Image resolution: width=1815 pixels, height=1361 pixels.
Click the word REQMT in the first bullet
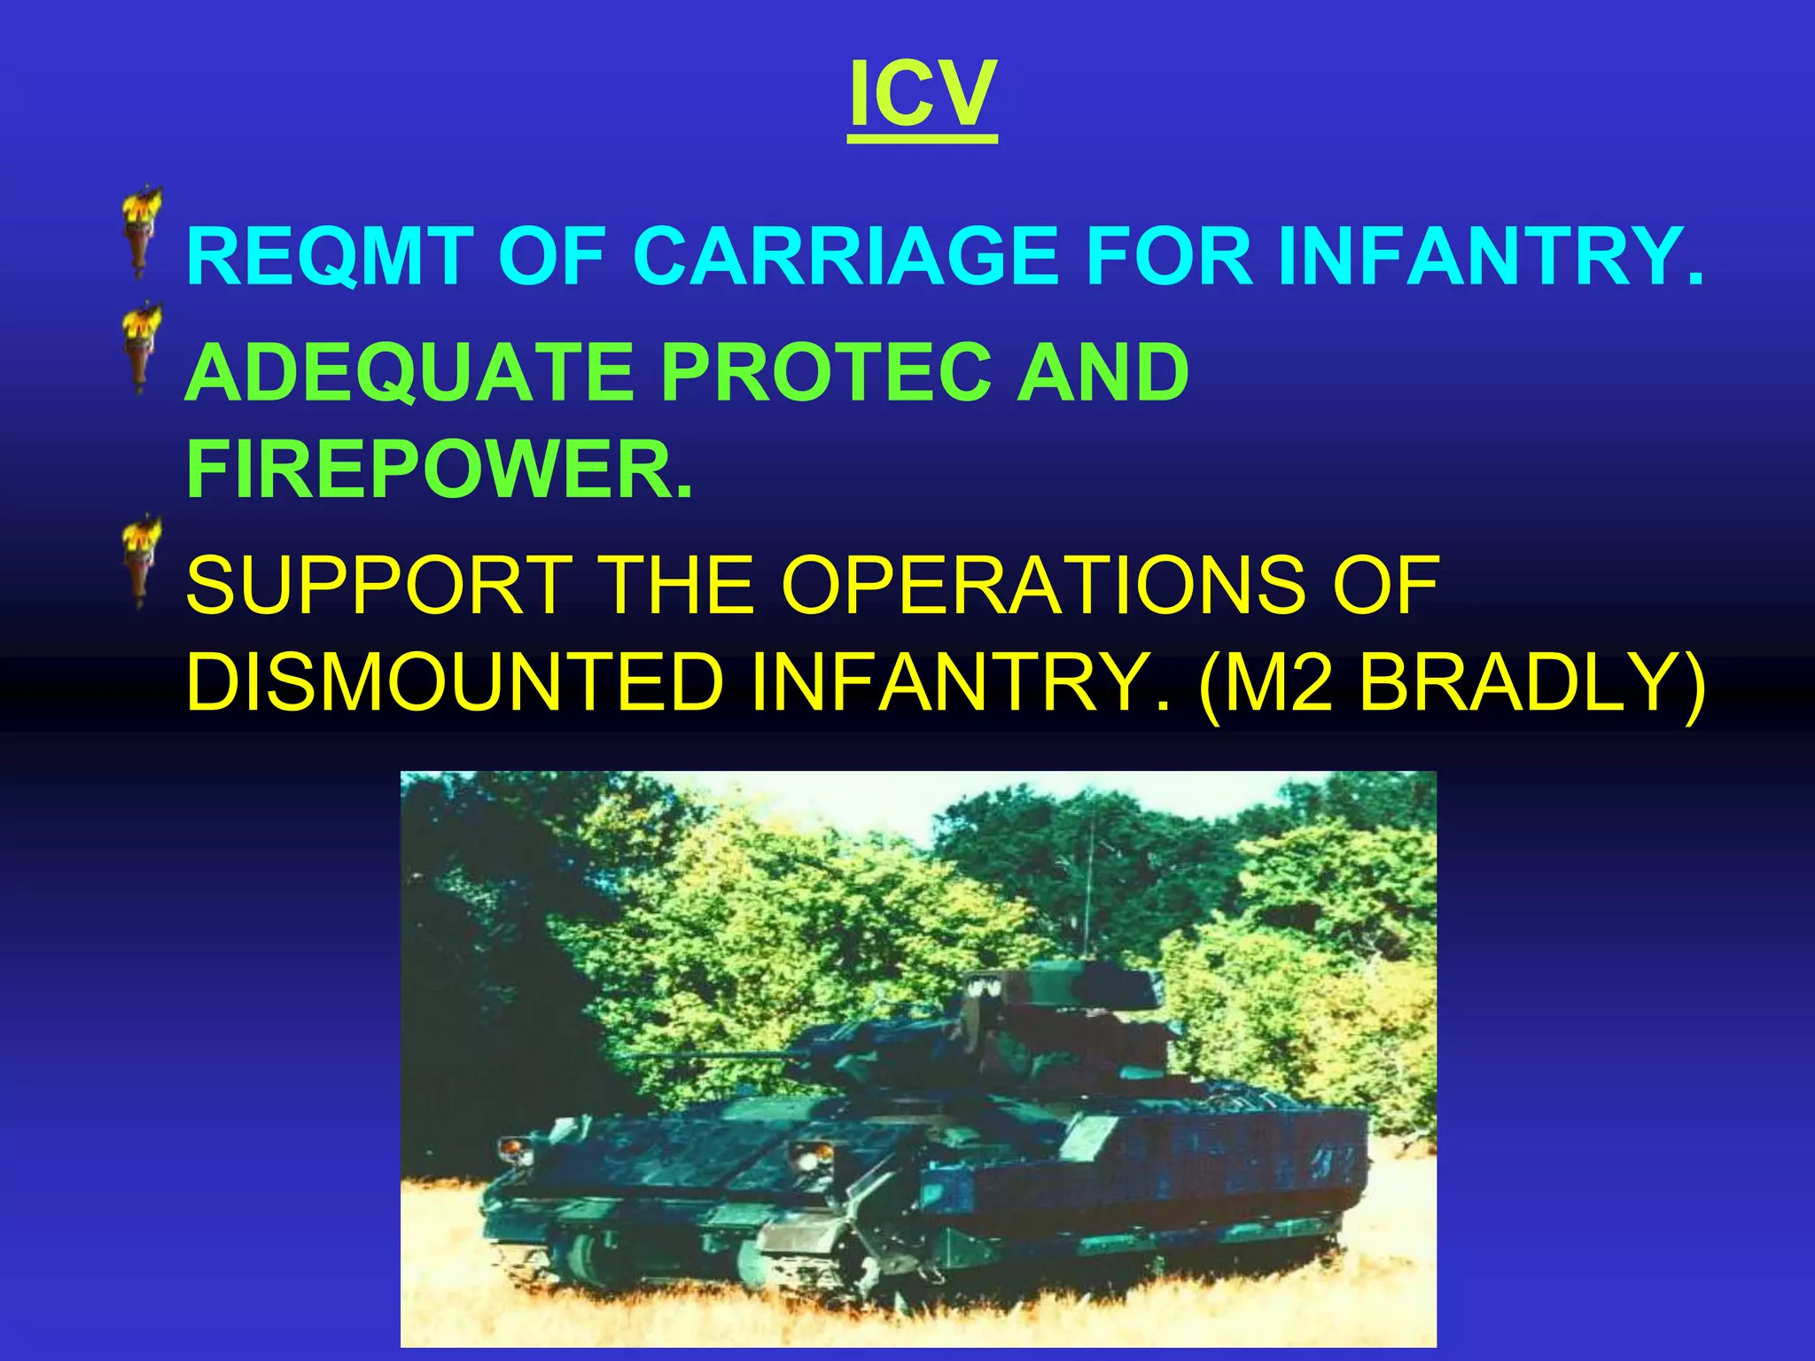pyautogui.click(x=328, y=256)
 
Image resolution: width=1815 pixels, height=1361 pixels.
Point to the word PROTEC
pyautogui.click(x=825, y=373)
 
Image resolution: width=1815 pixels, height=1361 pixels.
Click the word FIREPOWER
pyautogui.click(x=440, y=470)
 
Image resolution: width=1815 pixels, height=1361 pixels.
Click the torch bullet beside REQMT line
pyautogui.click(x=141, y=232)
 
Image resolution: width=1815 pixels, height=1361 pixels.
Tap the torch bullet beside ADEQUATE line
pyautogui.click(x=141, y=349)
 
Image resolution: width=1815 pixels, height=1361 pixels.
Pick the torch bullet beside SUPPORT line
pyautogui.click(x=141, y=562)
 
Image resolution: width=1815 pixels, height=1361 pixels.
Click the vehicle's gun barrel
pyautogui.click(x=709, y=1056)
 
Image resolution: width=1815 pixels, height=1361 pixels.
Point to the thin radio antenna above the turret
pyautogui.click(x=1089, y=886)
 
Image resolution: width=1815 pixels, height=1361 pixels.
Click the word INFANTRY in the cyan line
pyautogui.click(x=1489, y=256)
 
